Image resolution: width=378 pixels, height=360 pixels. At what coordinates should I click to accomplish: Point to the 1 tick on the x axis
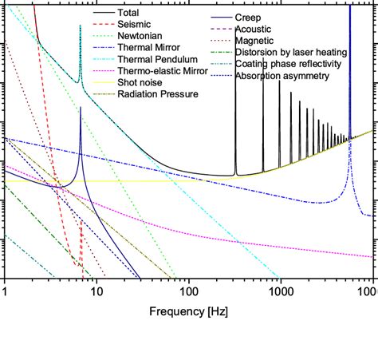click(5, 291)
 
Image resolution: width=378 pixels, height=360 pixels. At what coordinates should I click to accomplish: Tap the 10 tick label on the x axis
click(96, 291)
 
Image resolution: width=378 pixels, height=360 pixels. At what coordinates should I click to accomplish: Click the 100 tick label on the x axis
click(188, 291)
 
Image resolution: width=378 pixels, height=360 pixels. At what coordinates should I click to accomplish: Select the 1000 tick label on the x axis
click(280, 291)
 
